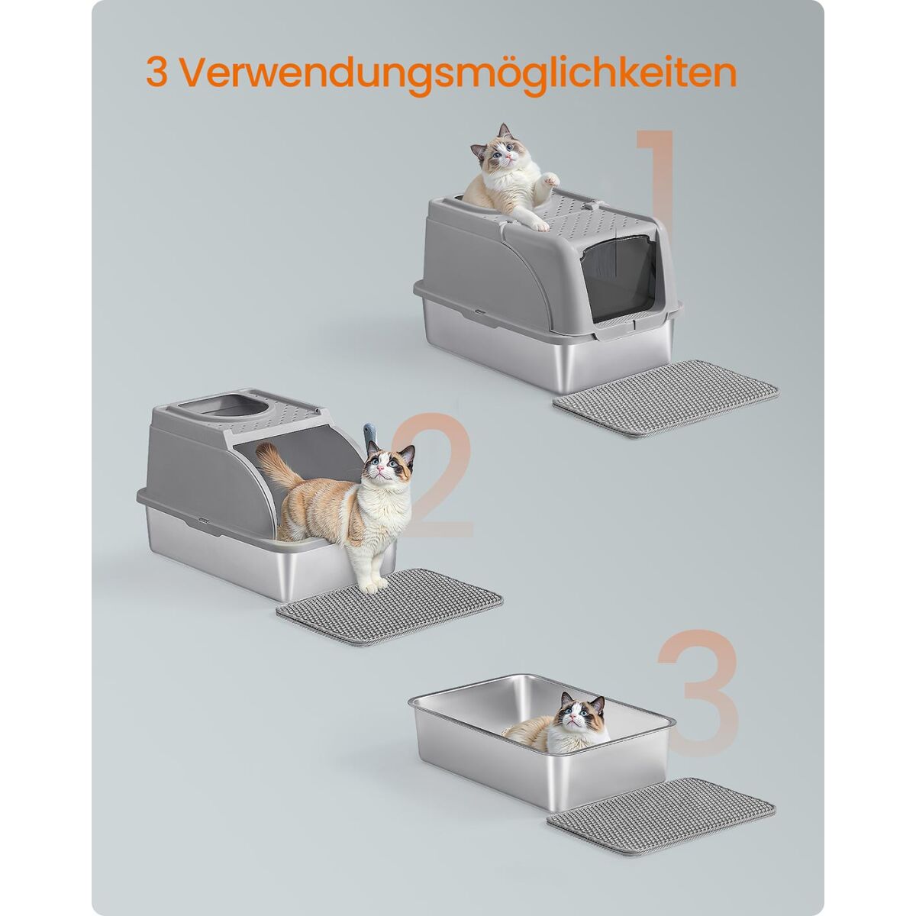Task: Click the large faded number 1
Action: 657,185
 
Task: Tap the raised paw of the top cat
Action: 551,179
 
